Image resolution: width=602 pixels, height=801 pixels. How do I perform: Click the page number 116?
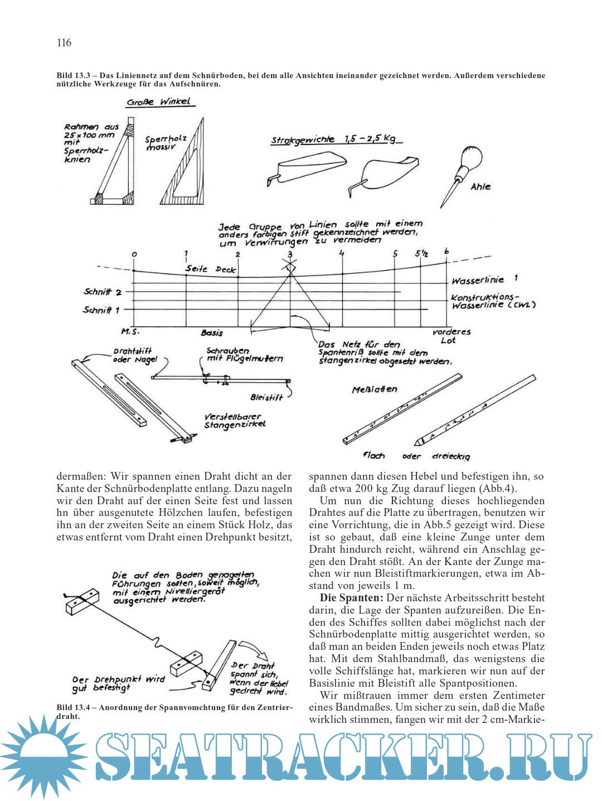[x=64, y=43]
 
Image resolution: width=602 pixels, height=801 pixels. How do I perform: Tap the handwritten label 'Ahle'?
[x=480, y=187]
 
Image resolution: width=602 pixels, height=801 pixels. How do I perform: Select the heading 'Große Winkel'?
[x=158, y=102]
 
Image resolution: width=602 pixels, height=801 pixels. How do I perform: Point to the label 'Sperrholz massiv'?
[x=166, y=143]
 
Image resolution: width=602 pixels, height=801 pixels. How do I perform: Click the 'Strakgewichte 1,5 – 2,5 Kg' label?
[x=336, y=139]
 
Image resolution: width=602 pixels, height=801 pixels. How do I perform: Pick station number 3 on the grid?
[x=289, y=254]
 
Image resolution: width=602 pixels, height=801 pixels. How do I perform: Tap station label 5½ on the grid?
[x=421, y=254]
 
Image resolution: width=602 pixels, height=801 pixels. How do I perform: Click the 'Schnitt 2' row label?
[x=103, y=292]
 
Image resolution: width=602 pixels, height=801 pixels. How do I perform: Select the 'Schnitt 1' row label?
[x=101, y=310]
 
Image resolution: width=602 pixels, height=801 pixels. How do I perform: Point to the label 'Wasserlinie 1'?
[x=484, y=280]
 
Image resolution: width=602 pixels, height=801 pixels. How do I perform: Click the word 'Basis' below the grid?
[x=212, y=333]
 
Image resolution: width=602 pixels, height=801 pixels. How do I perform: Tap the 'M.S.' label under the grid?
[x=130, y=332]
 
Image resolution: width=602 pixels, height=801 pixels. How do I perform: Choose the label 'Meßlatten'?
[x=375, y=389]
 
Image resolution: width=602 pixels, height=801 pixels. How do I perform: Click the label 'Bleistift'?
[x=266, y=398]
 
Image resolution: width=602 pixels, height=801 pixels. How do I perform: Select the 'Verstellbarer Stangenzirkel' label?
[x=235, y=421]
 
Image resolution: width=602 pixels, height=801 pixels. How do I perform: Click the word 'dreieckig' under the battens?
[x=451, y=456]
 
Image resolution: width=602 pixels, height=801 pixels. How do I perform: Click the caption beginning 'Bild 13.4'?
[x=174, y=712]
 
